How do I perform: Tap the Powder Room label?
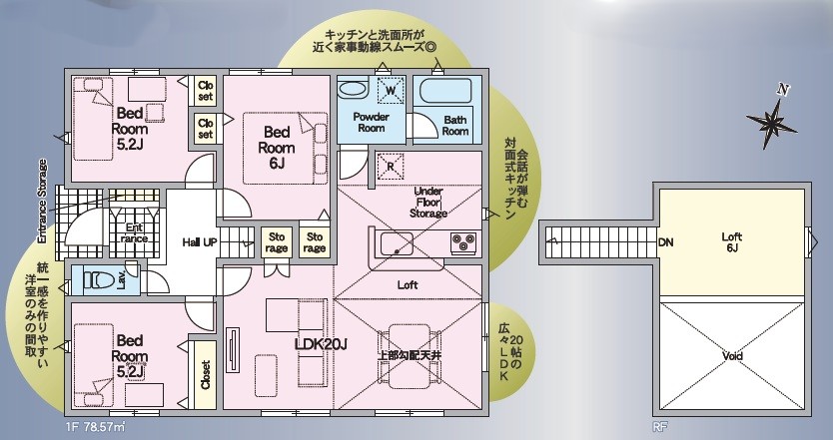click(x=371, y=122)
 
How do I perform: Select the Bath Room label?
click(x=455, y=125)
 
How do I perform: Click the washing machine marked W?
click(x=392, y=91)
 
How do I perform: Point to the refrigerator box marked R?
click(x=390, y=164)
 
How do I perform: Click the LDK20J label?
click(x=321, y=345)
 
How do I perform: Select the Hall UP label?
click(x=202, y=242)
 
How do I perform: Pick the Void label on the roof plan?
click(x=732, y=355)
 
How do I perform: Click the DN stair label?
click(x=664, y=241)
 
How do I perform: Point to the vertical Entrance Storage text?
click(x=43, y=203)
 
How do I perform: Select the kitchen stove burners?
click(x=463, y=240)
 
